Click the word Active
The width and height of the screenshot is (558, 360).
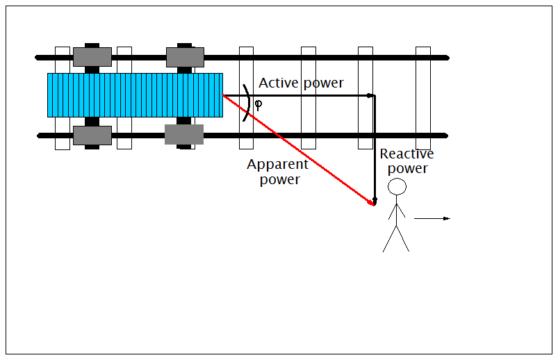click(279, 83)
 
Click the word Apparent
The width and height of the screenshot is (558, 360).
click(278, 165)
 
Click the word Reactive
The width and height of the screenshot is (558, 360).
click(407, 154)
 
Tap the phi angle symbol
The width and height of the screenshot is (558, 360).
click(259, 105)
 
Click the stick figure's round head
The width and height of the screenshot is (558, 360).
click(397, 187)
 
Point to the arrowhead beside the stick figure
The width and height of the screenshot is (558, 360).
click(447, 219)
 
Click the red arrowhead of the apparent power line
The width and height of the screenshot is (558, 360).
click(371, 204)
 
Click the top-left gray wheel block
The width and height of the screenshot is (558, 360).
click(92, 57)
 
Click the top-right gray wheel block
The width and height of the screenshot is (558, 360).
click(185, 57)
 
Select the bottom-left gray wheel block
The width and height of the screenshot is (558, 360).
click(92, 136)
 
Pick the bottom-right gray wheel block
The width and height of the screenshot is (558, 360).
click(184, 134)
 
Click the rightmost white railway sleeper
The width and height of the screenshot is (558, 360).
click(422, 98)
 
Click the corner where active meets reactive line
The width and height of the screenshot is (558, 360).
click(372, 95)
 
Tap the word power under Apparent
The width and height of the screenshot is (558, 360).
click(279, 180)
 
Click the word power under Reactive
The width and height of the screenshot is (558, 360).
click(407, 169)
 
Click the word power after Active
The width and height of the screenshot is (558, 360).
click(323, 83)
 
